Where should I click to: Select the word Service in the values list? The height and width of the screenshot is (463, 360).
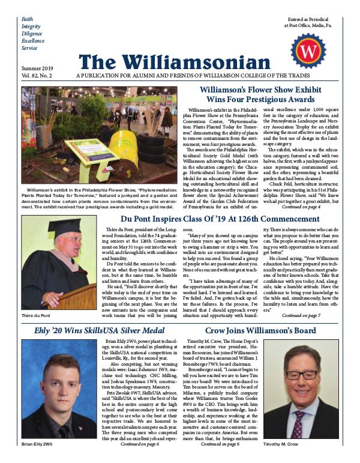click(x=29, y=47)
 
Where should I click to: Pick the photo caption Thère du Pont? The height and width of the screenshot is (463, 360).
click(x=35, y=315)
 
